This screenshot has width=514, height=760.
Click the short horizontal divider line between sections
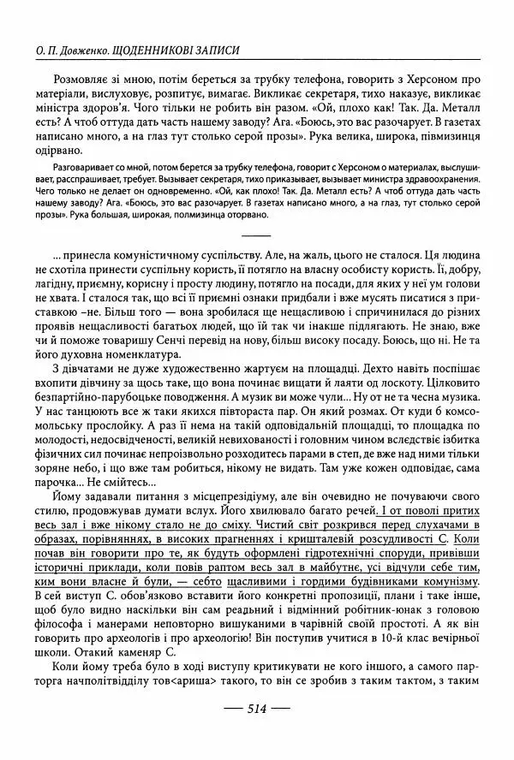point(257,234)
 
